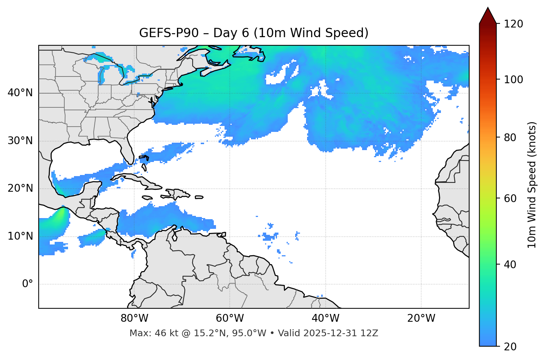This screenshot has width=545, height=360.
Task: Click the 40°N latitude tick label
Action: [20, 93]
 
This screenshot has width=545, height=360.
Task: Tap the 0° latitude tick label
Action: [27, 284]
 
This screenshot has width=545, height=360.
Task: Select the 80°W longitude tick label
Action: [134, 318]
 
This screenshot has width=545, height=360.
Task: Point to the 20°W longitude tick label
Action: [421, 318]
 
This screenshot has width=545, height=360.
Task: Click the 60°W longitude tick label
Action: [230, 318]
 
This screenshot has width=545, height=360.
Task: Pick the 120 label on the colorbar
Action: [513, 24]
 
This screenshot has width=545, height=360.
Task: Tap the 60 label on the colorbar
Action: [510, 198]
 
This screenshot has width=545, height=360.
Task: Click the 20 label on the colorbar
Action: [510, 347]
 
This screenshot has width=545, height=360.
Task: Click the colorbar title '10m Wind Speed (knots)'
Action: [532, 185]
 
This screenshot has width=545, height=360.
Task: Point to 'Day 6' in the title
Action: [231, 33]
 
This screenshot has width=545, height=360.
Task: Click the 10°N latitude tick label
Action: [20, 236]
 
